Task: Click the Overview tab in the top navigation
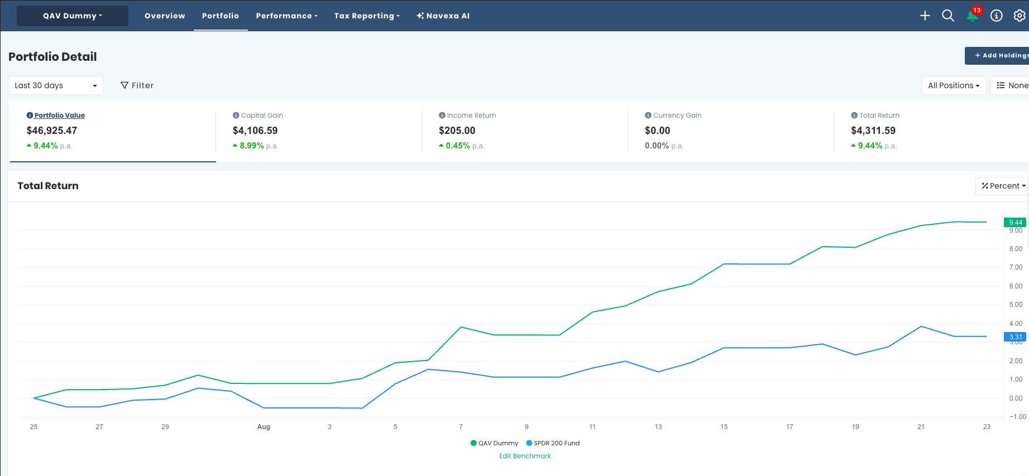pos(165,16)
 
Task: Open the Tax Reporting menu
pos(367,16)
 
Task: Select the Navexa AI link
pos(443,16)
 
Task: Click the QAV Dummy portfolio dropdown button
pos(73,16)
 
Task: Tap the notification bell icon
pos(972,16)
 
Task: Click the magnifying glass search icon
pos(948,16)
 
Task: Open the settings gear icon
pos(1020,16)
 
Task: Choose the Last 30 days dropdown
pos(56,85)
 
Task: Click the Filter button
pos(137,85)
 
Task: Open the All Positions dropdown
pos(954,85)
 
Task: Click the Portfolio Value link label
pos(60,116)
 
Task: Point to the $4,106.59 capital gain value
pos(255,131)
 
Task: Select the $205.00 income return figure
pos(457,131)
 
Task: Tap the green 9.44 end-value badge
pos(1015,222)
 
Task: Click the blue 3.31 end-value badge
pos(1015,336)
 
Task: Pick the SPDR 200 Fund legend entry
pos(553,443)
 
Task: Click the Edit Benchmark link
pos(525,456)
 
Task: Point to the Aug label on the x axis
pos(264,427)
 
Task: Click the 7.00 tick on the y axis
pos(1016,267)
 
